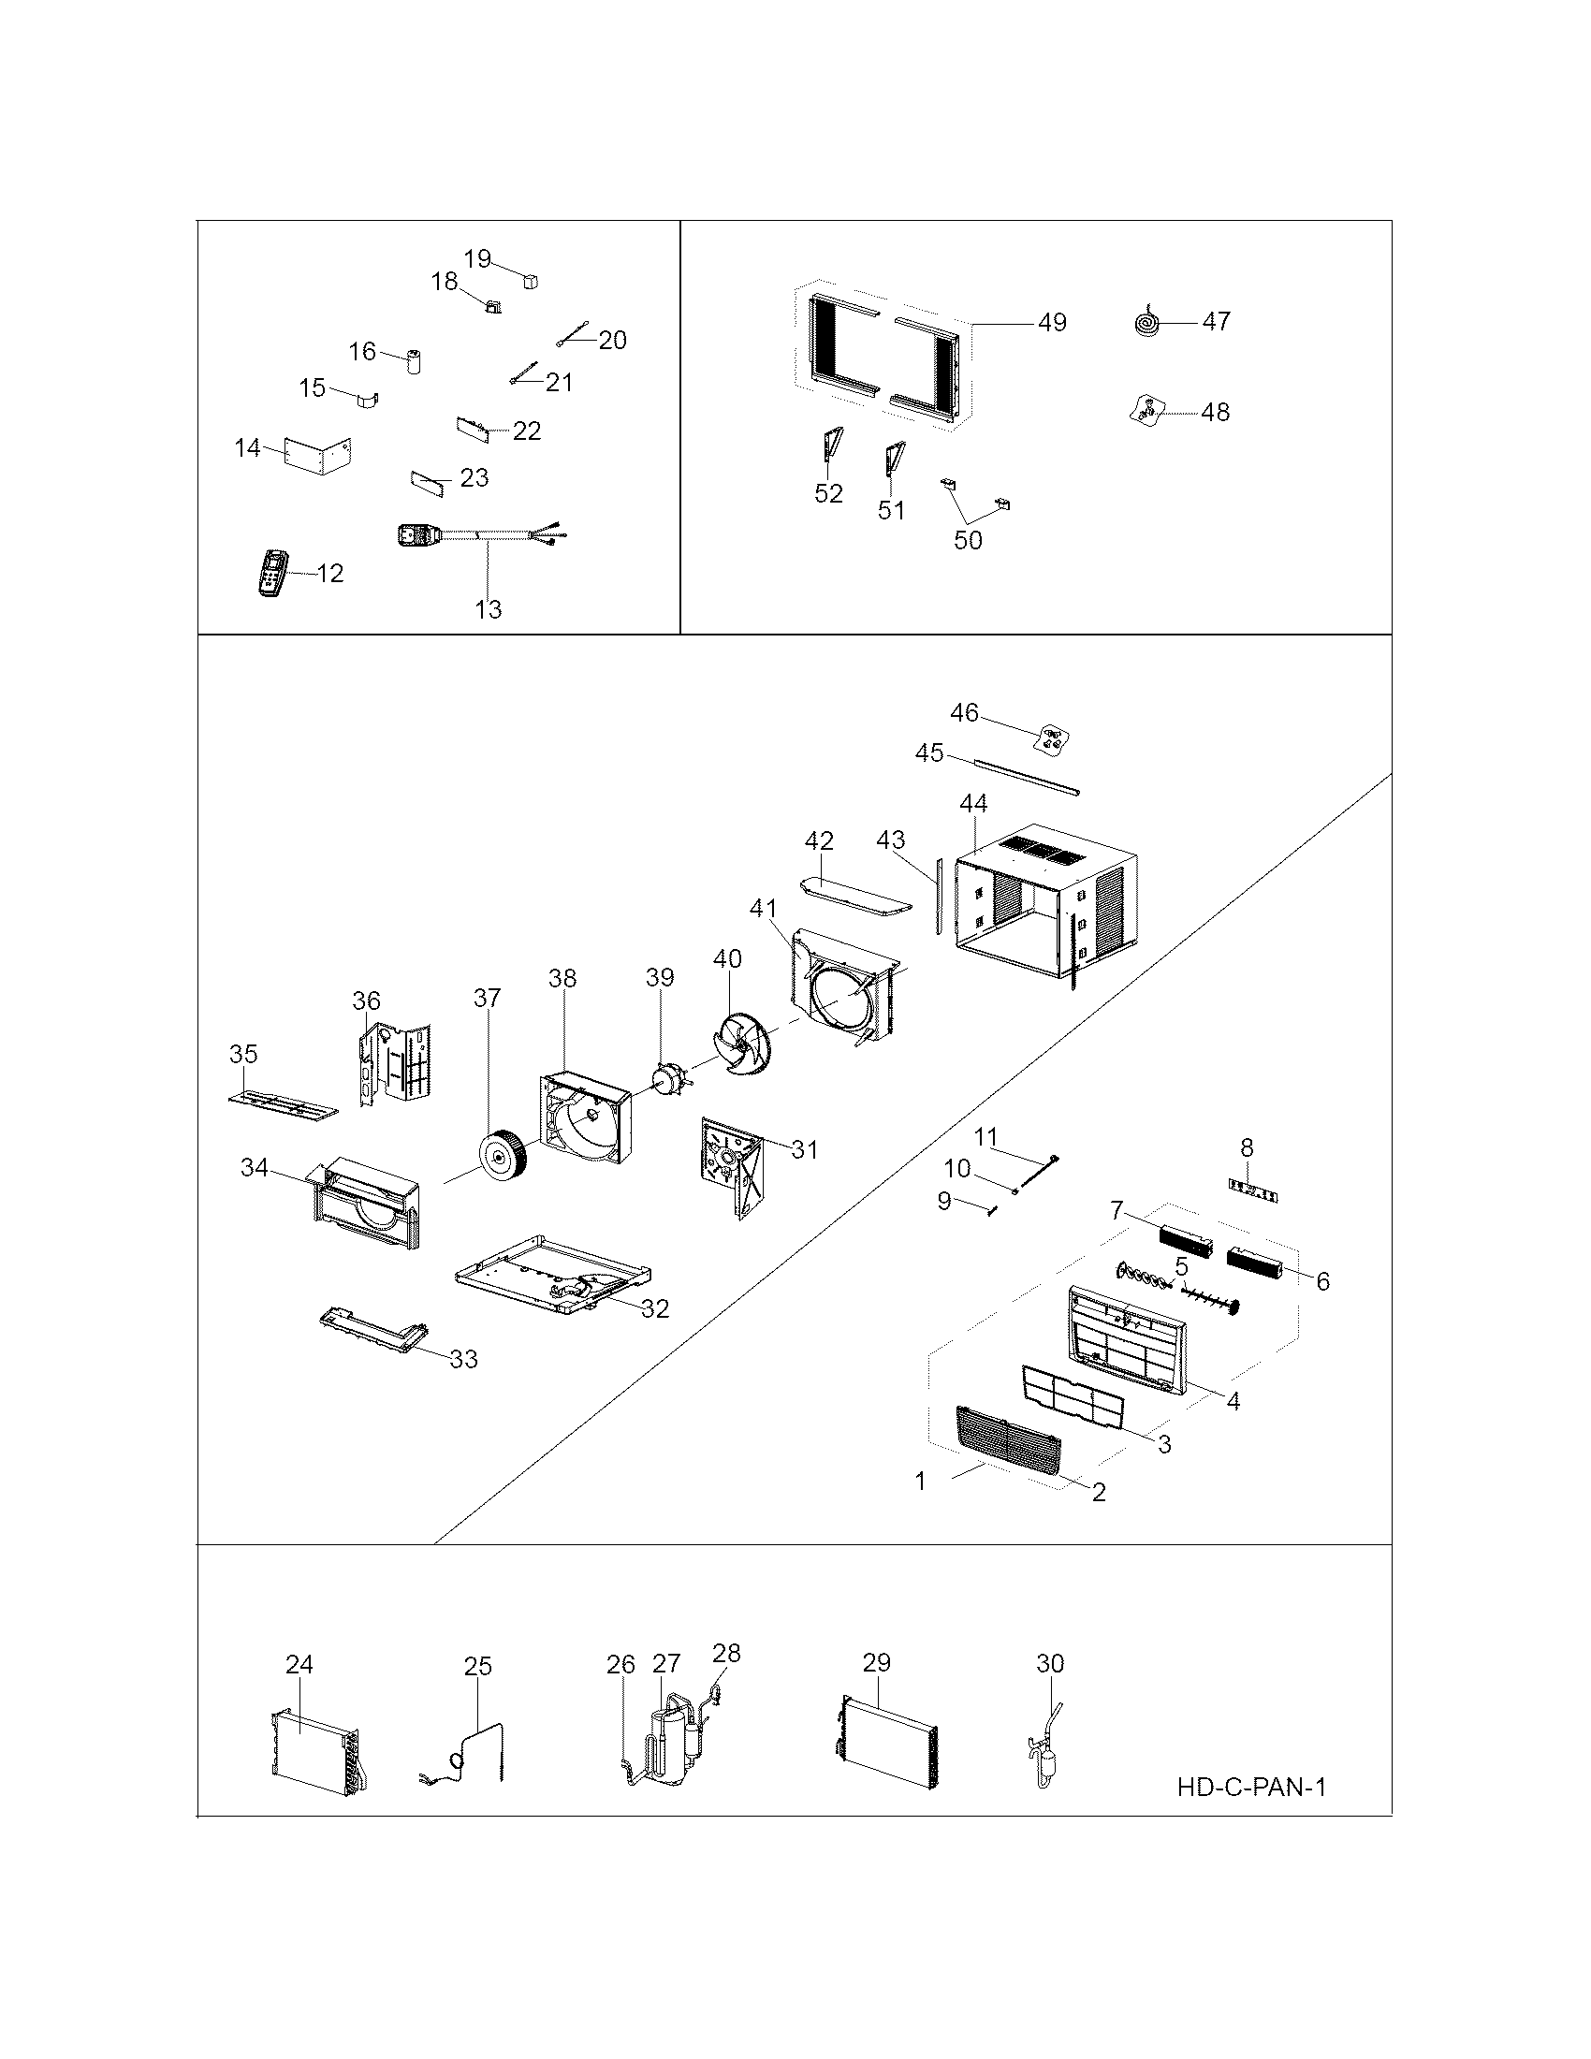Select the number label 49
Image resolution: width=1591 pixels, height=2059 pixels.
pyautogui.click(x=1052, y=323)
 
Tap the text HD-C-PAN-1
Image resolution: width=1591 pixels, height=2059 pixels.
pyautogui.click(x=1250, y=1788)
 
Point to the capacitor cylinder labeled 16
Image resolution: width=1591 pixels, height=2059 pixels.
pyautogui.click(x=413, y=362)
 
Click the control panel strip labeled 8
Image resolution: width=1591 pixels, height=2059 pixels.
pyautogui.click(x=1252, y=1194)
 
